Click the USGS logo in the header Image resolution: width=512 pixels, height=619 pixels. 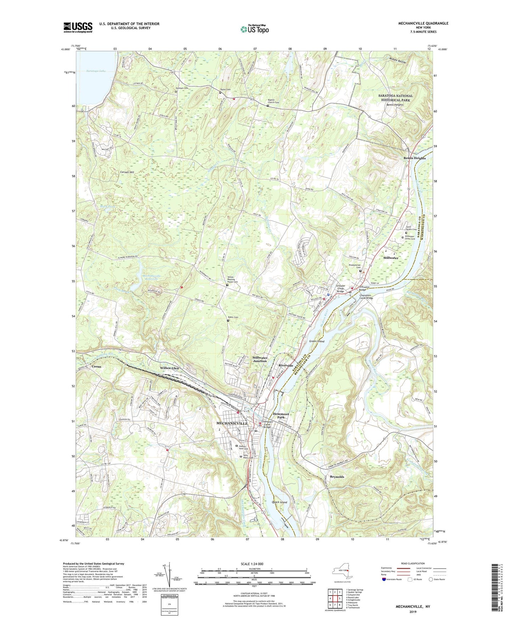tap(78, 27)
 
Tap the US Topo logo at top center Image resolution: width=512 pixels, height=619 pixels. tap(254, 29)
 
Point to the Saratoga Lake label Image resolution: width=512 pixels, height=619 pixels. tap(96, 71)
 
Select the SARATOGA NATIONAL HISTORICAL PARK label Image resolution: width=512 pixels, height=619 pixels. tap(395, 98)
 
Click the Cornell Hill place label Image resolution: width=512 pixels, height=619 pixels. tap(127, 172)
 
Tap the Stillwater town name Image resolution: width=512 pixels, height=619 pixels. tap(390, 258)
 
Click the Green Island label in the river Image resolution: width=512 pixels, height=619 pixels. tap(316, 341)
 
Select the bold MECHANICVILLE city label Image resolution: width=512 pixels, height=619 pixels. tap(232, 424)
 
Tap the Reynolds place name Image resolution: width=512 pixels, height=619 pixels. tap(337, 477)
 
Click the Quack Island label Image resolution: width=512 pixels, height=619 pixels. tap(279, 502)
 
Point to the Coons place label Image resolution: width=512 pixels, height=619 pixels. tap(96, 366)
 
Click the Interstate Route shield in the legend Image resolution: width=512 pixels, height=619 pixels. tap(384, 580)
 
